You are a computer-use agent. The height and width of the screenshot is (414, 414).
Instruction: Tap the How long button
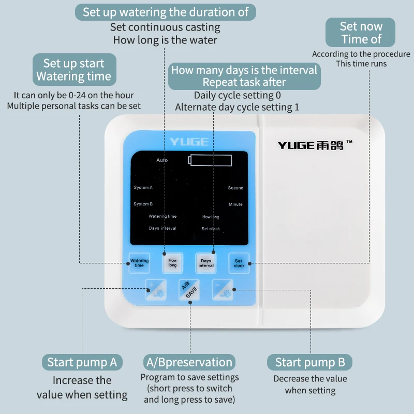pyautogui.click(x=172, y=262)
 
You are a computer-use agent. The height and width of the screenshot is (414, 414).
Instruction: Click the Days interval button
pyautogui.click(x=206, y=263)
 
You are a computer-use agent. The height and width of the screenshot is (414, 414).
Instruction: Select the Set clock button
pyautogui.click(x=239, y=263)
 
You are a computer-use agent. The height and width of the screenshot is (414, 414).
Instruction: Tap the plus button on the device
pyautogui.click(x=156, y=288)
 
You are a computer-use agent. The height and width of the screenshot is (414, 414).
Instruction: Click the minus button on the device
pyautogui.click(x=223, y=288)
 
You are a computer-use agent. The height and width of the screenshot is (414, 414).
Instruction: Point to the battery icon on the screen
pyautogui.click(x=211, y=160)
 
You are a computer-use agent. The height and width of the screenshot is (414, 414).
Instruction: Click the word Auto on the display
pyautogui.click(x=162, y=160)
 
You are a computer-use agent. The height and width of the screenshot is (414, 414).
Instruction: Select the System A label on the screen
pyautogui.click(x=143, y=187)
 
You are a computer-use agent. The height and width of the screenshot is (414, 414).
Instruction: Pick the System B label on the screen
pyautogui.click(x=143, y=204)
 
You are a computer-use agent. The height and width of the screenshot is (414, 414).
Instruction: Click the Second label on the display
pyautogui.click(x=235, y=188)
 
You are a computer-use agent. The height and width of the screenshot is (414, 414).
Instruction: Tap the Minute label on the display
pyautogui.click(x=235, y=204)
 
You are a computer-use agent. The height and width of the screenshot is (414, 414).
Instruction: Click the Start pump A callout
pyautogui.click(x=82, y=362)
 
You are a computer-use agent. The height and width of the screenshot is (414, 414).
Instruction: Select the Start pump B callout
pyautogui.click(x=309, y=362)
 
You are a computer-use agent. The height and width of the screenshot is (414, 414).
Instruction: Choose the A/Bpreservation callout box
pyautogui.click(x=189, y=362)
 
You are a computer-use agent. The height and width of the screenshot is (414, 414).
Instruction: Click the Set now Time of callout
pyautogui.click(x=361, y=33)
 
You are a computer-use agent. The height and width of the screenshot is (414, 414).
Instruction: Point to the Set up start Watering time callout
pyautogui.click(x=73, y=70)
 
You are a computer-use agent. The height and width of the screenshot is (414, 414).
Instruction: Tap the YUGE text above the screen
pyautogui.click(x=189, y=142)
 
